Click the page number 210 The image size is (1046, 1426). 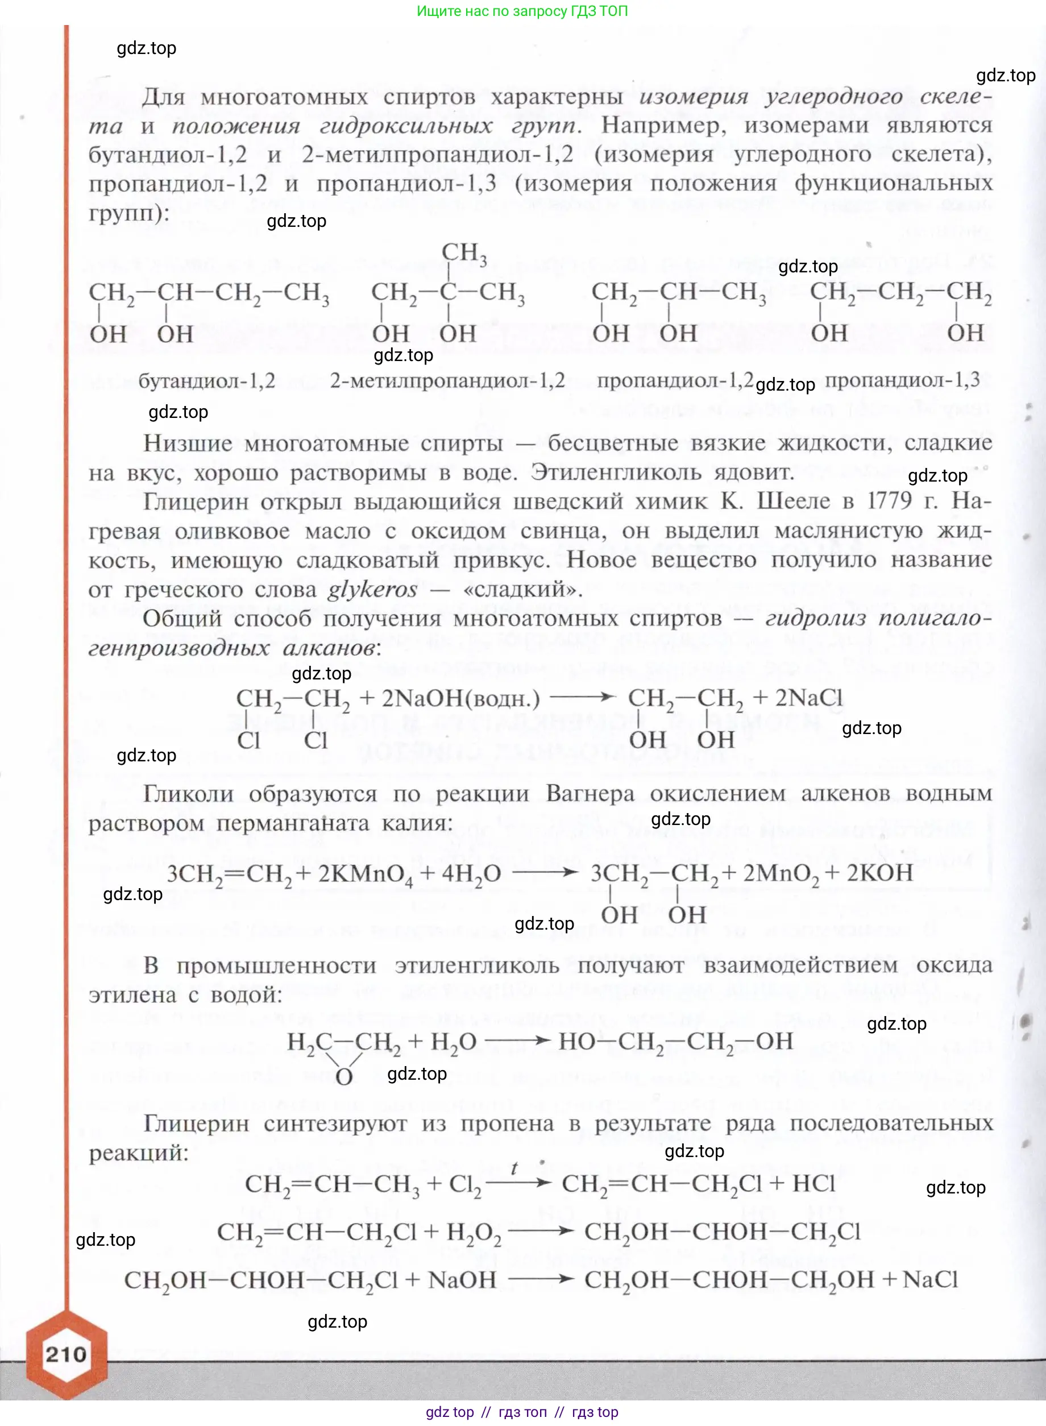[66, 1354]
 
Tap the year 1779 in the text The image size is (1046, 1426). [890, 501]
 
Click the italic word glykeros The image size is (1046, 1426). [372, 590]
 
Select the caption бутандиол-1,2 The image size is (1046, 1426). [206, 380]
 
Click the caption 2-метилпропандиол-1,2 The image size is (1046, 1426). [447, 380]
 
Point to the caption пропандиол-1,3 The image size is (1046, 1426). [902, 380]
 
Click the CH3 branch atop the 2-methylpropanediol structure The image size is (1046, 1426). [464, 252]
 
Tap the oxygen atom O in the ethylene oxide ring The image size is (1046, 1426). [344, 1077]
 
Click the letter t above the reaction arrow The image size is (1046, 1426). [514, 1168]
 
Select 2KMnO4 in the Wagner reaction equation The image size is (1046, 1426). [366, 874]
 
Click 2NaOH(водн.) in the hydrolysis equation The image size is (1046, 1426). [461, 698]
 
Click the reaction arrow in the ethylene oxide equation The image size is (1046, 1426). [517, 1041]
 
